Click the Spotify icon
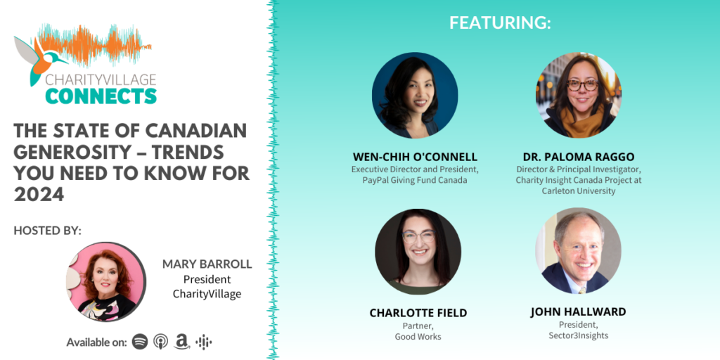pyautogui.click(x=140, y=342)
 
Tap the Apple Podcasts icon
pyautogui.click(x=161, y=342)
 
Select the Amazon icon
pyautogui.click(x=182, y=342)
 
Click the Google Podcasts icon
pyautogui.click(x=204, y=342)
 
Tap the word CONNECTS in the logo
pyautogui.click(x=101, y=96)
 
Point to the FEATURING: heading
pyautogui.click(x=500, y=22)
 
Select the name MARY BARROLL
pyautogui.click(x=207, y=264)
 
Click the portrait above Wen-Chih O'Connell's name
pyautogui.click(x=415, y=95)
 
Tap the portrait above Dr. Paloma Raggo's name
pyautogui.click(x=578, y=95)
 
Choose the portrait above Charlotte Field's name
pyautogui.click(x=418, y=251)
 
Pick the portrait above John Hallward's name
pyautogui.click(x=578, y=251)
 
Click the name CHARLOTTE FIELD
pyautogui.click(x=418, y=313)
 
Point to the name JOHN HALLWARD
pyautogui.click(x=578, y=311)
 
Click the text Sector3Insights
pyautogui.click(x=578, y=336)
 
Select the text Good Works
pyautogui.click(x=418, y=337)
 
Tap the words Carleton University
pyautogui.click(x=578, y=191)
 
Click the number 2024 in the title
pyautogui.click(x=39, y=195)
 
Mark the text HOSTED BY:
pyautogui.click(x=48, y=230)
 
